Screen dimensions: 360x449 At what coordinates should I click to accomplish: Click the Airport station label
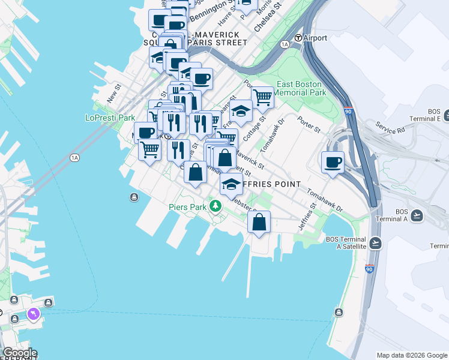click(x=315, y=38)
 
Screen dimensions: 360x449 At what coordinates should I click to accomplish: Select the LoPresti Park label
click(x=110, y=118)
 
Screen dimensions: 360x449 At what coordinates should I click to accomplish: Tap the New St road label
click(x=114, y=93)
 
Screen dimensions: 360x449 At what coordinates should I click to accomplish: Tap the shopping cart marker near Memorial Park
click(x=262, y=97)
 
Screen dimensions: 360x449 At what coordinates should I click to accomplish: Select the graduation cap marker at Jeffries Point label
click(x=231, y=184)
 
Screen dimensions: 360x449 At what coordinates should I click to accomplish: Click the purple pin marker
click(x=32, y=314)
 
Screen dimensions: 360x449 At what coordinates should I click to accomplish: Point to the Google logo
click(x=19, y=353)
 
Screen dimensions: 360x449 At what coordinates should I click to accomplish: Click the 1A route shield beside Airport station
click(x=285, y=44)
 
